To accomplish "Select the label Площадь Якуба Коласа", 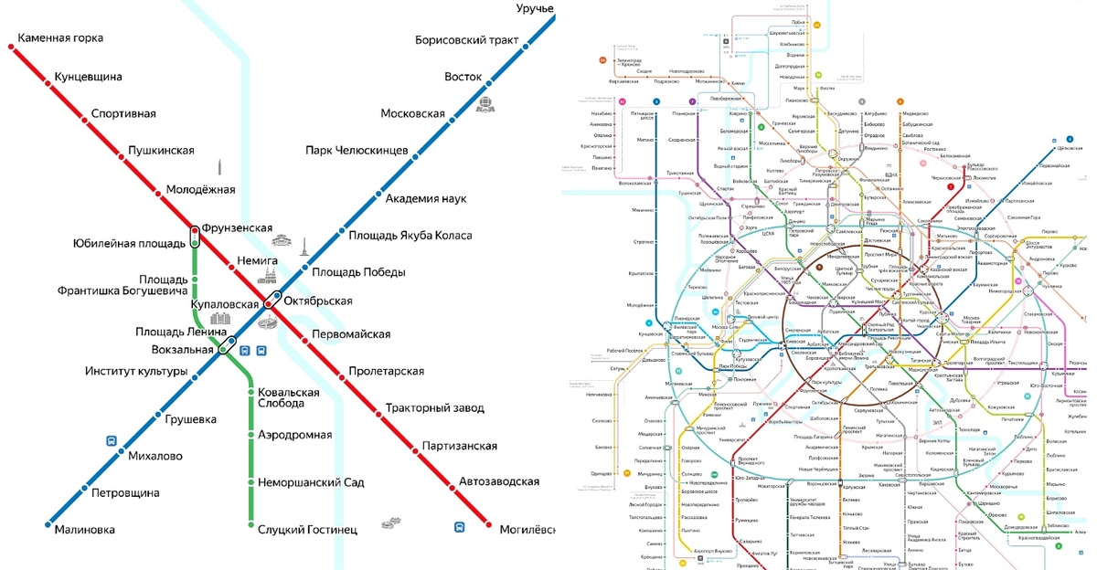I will point(410,236).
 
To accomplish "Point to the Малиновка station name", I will point(84,530).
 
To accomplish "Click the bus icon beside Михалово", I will point(112,440).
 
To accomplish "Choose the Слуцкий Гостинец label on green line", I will point(307,530).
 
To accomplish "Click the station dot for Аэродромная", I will point(251,435).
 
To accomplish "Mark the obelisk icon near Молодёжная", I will point(219,168).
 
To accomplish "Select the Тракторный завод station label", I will point(435,408).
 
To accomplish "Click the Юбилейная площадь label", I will point(128,244).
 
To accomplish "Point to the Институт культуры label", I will point(136,372).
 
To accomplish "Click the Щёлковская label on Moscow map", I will point(1069,147).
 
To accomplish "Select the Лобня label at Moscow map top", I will point(797,21).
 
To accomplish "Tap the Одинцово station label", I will point(601,473).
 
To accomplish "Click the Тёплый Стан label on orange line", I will point(856,528).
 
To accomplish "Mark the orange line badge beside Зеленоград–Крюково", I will point(602,60).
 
